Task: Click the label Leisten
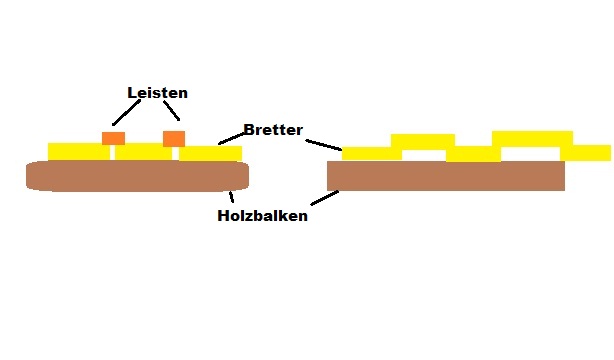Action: [x=157, y=93]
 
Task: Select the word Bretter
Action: [x=273, y=131]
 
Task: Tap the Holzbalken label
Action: [x=262, y=215]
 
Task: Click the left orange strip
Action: [x=113, y=138]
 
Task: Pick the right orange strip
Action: [x=174, y=138]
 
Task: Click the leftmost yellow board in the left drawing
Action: [x=78, y=151]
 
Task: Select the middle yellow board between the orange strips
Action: [x=143, y=152]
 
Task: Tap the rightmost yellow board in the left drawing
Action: [x=210, y=153]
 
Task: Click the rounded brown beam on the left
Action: [x=137, y=176]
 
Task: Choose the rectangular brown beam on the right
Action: [x=446, y=176]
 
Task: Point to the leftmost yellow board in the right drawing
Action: [x=371, y=153]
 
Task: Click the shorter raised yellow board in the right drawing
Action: [x=422, y=141]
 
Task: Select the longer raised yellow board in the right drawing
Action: [x=532, y=138]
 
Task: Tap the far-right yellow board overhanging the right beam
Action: [x=586, y=152]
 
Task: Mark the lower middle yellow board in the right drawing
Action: [x=473, y=154]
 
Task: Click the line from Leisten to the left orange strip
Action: [x=127, y=114]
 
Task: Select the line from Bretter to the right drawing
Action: [x=324, y=144]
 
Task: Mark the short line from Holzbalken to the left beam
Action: [x=232, y=196]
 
